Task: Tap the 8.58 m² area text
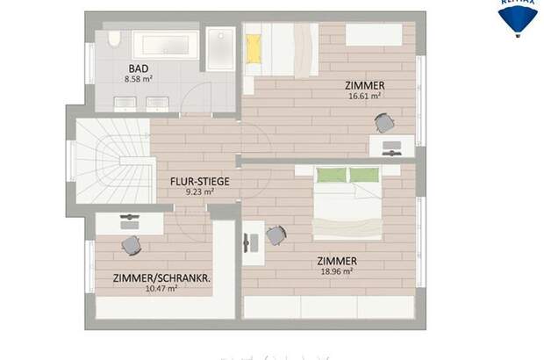click(139, 78)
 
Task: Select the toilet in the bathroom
click(112, 40)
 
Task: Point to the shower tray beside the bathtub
click(221, 48)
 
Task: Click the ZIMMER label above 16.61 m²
click(364, 85)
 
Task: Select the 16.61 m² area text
click(364, 96)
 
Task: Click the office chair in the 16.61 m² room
click(383, 123)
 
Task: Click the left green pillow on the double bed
click(332, 175)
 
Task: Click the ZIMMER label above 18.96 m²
click(337, 261)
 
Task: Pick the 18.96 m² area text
click(337, 271)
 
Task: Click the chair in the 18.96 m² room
click(276, 234)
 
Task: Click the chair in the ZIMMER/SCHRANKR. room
click(131, 244)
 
